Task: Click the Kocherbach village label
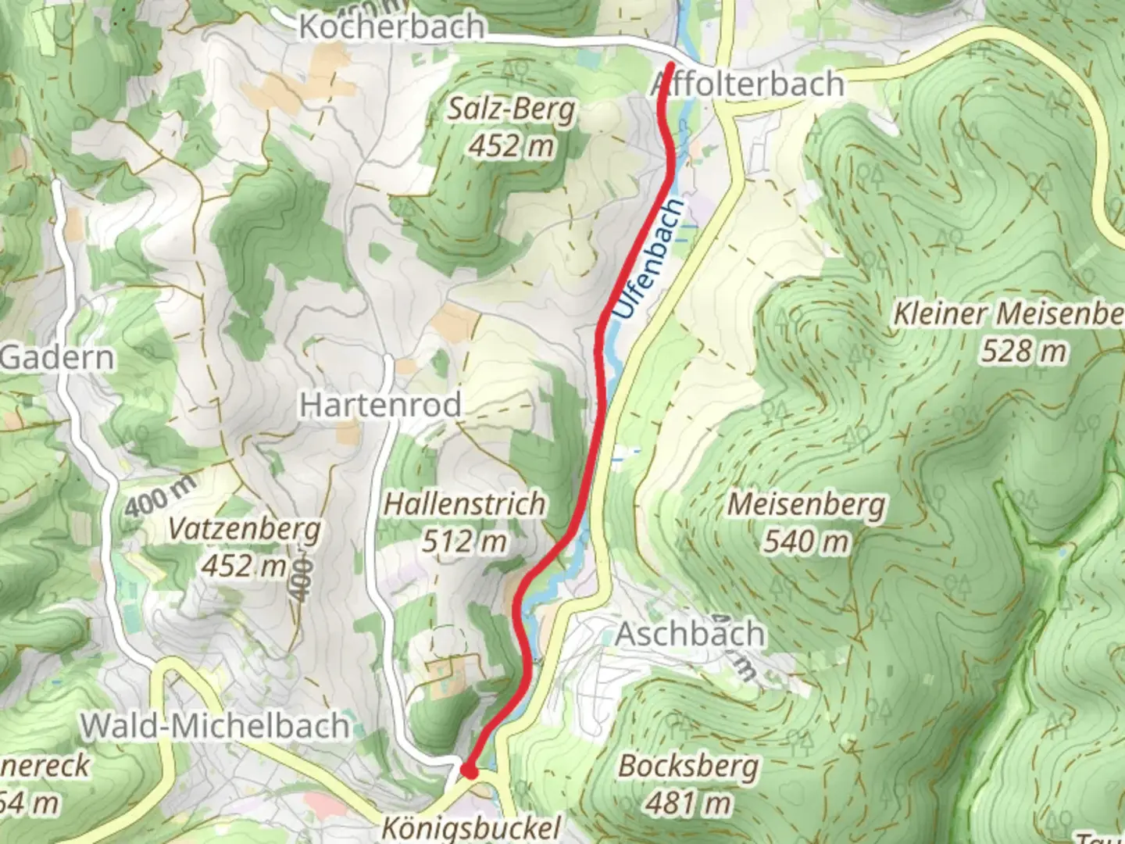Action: coord(391,27)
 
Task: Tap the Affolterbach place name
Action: coord(748,84)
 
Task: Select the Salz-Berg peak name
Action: coord(511,110)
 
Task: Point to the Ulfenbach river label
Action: coord(648,259)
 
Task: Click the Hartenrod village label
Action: coord(380,405)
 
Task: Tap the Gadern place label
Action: coord(57,358)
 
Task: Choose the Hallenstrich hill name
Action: coord(464,504)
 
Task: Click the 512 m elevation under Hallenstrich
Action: coord(464,541)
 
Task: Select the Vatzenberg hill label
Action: coord(245,530)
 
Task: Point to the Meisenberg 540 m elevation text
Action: coord(805,541)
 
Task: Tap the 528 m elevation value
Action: coord(1023,352)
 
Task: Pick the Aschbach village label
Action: coord(690,634)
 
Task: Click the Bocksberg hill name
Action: coord(688,766)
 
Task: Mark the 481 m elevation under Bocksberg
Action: coord(688,802)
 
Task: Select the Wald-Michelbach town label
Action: coord(215,726)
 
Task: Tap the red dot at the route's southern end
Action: coord(469,771)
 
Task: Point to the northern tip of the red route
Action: coord(671,65)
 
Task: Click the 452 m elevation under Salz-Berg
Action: coord(511,146)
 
